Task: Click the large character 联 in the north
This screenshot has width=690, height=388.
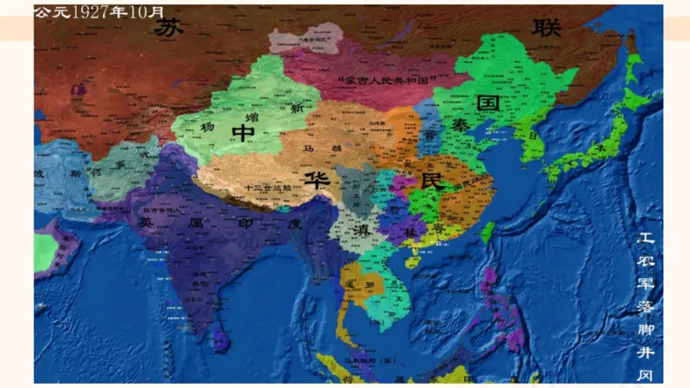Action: (547, 27)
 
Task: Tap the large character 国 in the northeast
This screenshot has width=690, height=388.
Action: (489, 103)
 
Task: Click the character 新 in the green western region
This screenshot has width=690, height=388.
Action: (296, 110)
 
